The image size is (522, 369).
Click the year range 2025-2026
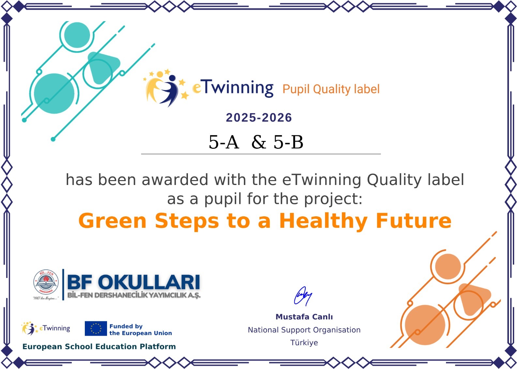click(x=259, y=118)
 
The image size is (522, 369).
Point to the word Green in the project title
click(x=112, y=221)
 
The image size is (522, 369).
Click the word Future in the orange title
click(x=414, y=221)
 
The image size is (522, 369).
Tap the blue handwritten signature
click(x=303, y=296)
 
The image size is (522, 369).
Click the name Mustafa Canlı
click(x=304, y=317)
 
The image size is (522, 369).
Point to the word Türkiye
click(x=304, y=343)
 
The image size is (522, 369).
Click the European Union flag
click(x=96, y=329)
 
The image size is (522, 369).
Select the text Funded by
click(x=126, y=326)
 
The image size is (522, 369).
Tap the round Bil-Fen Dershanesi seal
click(x=46, y=282)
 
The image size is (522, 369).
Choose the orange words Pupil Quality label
click(x=331, y=89)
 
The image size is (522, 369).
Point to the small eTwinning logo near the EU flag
click(x=45, y=329)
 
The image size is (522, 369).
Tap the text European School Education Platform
click(x=99, y=346)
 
